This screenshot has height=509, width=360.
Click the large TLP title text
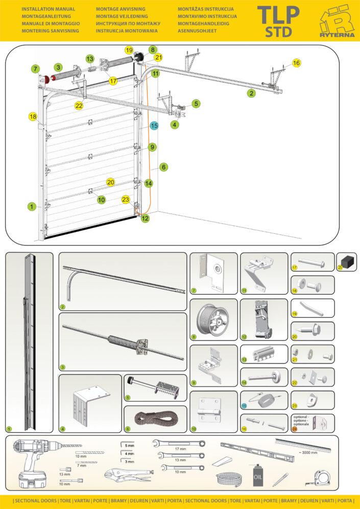coord(278,15)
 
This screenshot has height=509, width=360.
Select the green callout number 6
coord(163,167)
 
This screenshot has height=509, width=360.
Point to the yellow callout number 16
coord(297,63)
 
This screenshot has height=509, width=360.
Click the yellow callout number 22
coord(79,106)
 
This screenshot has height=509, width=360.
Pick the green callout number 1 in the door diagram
coord(32,207)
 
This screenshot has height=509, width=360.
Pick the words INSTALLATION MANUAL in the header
coord(48,9)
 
